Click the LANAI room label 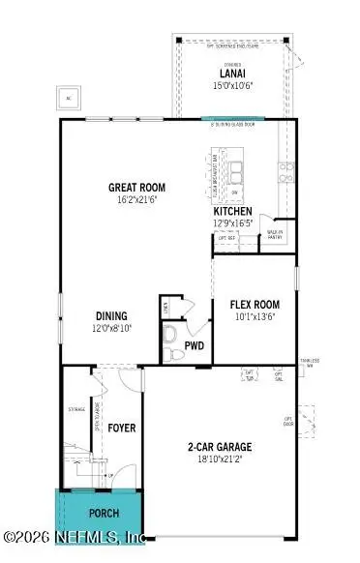(230, 73)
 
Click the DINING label (111, 315)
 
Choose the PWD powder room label (195, 341)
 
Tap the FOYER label (121, 427)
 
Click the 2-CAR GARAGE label (220, 446)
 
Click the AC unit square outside (69, 98)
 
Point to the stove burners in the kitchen (287, 172)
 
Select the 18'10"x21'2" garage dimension (220, 459)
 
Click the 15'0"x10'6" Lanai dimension (230, 84)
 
